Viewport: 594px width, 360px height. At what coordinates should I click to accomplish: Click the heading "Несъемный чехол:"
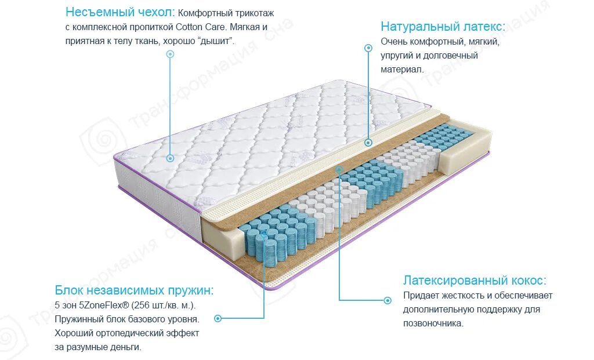[119, 12]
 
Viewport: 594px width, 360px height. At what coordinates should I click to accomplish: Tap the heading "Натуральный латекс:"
[443, 27]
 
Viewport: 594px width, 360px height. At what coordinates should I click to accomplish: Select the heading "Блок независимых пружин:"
[134, 290]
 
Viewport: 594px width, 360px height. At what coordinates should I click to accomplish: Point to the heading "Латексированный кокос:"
[475, 281]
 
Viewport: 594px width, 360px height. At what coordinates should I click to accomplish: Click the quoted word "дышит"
[215, 41]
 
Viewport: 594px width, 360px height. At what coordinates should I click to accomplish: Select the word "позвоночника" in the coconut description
[433, 323]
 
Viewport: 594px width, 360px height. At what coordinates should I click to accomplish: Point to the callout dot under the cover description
[170, 54]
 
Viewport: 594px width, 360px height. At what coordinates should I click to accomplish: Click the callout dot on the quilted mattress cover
[170, 158]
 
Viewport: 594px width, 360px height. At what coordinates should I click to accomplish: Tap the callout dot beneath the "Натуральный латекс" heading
[368, 48]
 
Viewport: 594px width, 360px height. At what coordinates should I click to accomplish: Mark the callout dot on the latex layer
[368, 142]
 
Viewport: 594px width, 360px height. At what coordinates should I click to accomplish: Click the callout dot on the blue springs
[265, 235]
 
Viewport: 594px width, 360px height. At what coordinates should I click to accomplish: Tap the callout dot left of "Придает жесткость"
[387, 300]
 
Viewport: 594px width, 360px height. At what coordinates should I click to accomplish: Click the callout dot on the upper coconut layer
[339, 170]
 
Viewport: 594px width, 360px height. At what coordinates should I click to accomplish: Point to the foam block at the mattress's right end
[468, 149]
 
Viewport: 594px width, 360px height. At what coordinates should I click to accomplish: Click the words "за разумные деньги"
[98, 347]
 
